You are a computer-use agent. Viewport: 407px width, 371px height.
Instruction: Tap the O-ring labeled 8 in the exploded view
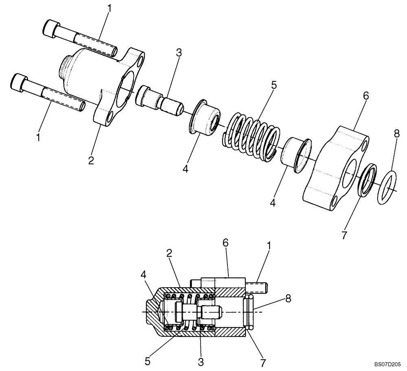[385, 188]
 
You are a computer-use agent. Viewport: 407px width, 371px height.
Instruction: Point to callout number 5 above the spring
[274, 85]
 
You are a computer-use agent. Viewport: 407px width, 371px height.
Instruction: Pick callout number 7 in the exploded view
[344, 235]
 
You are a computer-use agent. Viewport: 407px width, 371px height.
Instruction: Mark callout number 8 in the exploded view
[397, 133]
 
